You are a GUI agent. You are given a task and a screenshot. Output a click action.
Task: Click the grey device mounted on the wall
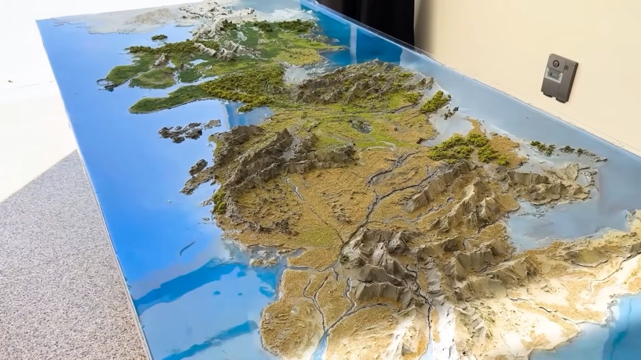[559, 78]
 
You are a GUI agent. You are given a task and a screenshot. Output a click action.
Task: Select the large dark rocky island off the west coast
[180, 132]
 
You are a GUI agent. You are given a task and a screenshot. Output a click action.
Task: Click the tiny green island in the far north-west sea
[159, 37]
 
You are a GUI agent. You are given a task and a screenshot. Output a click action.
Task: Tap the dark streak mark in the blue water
[187, 248]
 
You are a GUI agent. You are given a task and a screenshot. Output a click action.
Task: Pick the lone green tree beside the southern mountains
[344, 259]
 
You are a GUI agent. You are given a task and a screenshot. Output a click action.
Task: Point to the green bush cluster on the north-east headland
[436, 102]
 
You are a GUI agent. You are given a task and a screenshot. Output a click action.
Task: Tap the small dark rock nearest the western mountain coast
[198, 166]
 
